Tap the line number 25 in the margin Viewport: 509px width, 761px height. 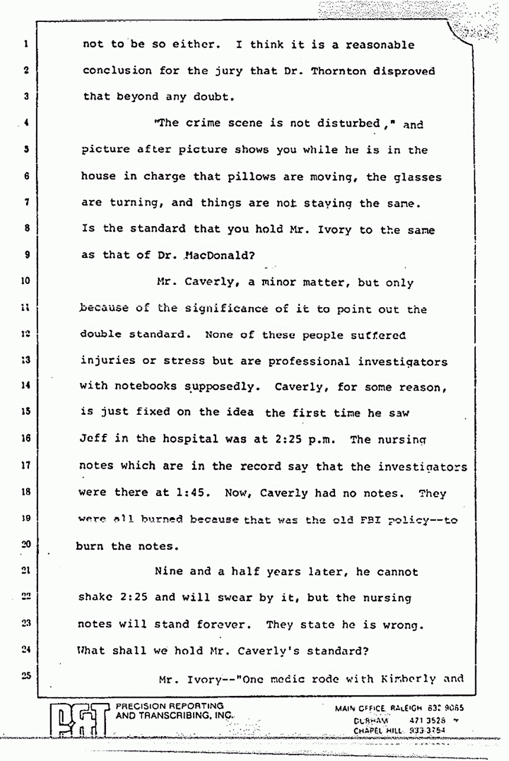24,673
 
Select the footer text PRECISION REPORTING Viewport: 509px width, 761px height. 170,706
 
